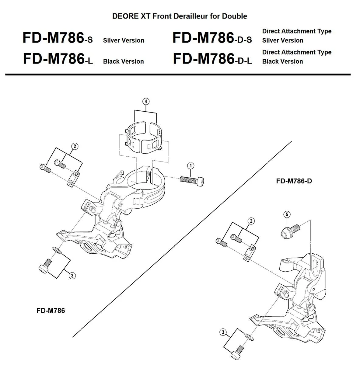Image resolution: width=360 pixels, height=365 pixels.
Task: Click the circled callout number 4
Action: tap(146, 101)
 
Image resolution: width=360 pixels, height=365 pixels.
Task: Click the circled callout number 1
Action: tap(190, 166)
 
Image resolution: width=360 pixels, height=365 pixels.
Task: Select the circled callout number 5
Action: tap(287, 214)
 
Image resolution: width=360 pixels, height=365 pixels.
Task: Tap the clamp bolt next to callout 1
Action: tap(192, 180)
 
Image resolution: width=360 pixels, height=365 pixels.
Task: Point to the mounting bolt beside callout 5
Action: tap(290, 231)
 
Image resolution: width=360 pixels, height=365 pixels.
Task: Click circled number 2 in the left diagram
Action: tap(74, 146)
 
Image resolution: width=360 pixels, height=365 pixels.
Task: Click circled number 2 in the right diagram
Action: tap(251, 221)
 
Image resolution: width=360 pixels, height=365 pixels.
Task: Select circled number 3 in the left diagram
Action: tap(72, 276)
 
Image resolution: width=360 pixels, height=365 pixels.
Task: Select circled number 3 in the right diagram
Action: tap(223, 332)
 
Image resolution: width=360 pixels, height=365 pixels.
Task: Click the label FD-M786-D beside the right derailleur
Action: tap(294, 181)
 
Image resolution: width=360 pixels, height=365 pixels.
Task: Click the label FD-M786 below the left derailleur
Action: tap(51, 311)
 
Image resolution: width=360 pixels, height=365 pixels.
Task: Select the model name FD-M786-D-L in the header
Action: tap(212, 59)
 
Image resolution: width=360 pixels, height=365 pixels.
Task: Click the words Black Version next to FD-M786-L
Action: tap(123, 61)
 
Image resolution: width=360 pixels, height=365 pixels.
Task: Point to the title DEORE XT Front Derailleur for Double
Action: tap(180, 16)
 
